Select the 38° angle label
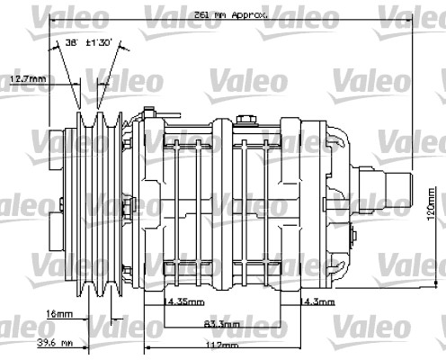71,42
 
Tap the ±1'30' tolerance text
100,42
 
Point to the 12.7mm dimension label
28,79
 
